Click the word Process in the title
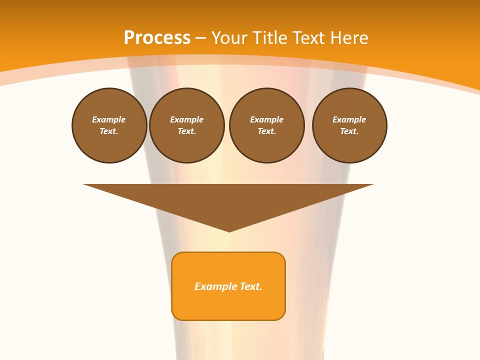(x=157, y=38)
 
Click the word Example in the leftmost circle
(x=109, y=119)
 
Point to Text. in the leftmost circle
(x=109, y=131)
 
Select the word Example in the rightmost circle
(x=349, y=119)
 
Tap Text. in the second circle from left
(x=187, y=131)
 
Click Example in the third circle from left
(x=267, y=119)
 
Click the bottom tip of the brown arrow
(x=229, y=230)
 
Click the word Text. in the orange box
(x=251, y=286)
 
